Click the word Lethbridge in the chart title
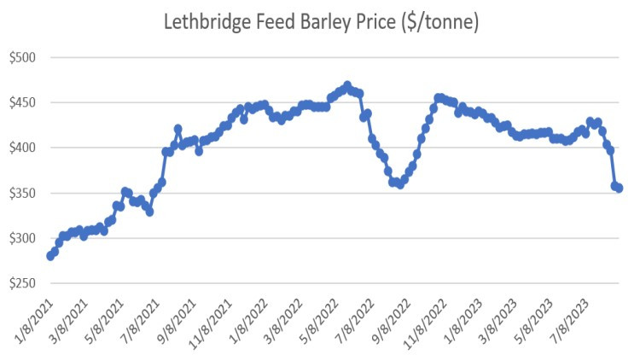pyautogui.click(x=207, y=23)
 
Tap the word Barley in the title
pyautogui.click(x=323, y=23)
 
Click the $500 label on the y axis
pyautogui.click(x=22, y=58)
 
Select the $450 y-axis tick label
pyautogui.click(x=22, y=103)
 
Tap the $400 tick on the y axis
pyautogui.click(x=22, y=148)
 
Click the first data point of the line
pyautogui.click(x=50, y=256)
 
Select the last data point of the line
pyautogui.click(x=619, y=188)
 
